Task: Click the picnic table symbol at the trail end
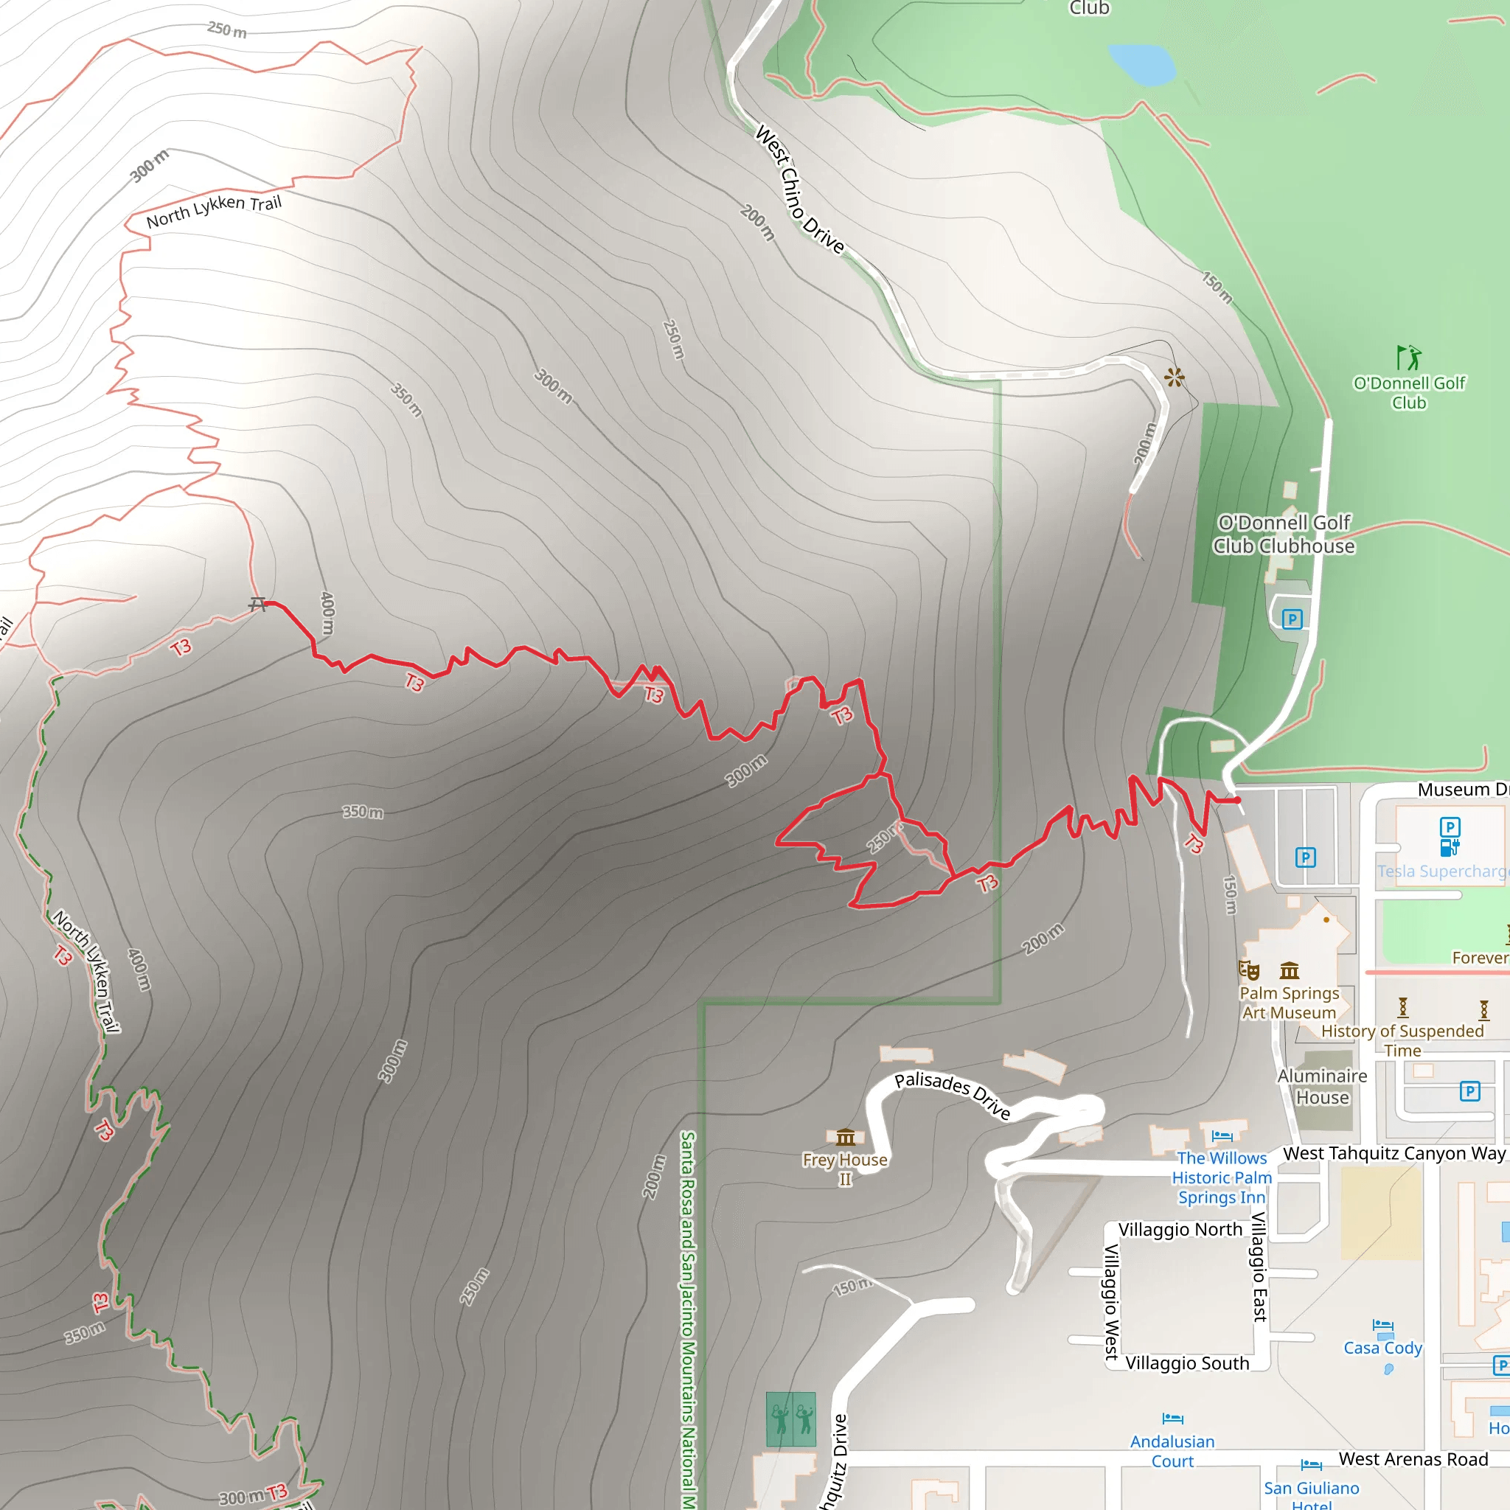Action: pos(257,603)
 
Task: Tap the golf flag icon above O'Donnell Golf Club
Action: pos(1408,358)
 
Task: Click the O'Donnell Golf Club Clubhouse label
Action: pos(1284,534)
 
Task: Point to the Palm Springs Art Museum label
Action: pos(1289,1003)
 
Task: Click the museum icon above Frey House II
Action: pos(845,1136)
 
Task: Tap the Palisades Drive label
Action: pos(952,1094)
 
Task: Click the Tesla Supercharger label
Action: pos(1442,871)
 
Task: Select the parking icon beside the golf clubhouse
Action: pos(1292,620)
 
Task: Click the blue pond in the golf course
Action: pos(1142,64)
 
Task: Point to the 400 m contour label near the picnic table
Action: pos(327,613)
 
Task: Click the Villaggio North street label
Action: pos(1180,1229)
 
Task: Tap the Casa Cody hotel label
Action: pos(1382,1348)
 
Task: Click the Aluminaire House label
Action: pos(1322,1086)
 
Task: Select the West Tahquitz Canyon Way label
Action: pos(1394,1153)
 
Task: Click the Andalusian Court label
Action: pos(1172,1450)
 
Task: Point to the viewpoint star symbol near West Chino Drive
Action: pos(1174,378)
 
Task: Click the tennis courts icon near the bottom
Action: pos(791,1419)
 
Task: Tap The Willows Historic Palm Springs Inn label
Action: pos(1222,1177)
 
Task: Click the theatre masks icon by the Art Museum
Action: pos(1249,971)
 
